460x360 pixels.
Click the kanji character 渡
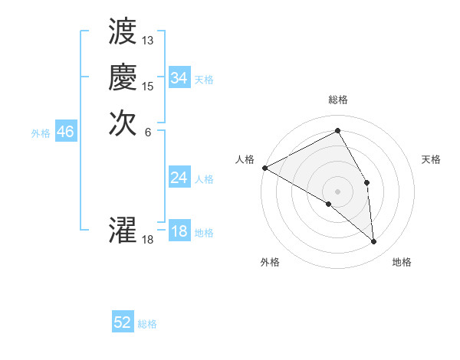click(123, 33)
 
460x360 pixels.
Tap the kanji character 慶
click(123, 78)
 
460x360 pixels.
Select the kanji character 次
click(123, 123)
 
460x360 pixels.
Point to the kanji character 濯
click(123, 231)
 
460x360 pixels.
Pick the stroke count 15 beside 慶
click(148, 86)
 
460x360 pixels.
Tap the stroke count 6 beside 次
click(148, 131)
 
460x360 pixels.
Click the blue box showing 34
click(179, 78)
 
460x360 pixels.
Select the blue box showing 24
click(179, 178)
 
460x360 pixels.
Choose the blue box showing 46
click(65, 133)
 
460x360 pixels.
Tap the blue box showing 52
click(123, 323)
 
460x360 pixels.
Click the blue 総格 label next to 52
click(148, 324)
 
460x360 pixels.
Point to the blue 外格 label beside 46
click(41, 133)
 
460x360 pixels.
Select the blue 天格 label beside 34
click(204, 79)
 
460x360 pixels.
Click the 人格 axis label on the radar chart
click(245, 159)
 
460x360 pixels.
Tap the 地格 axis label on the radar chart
click(402, 262)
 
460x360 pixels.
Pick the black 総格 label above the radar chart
click(338, 100)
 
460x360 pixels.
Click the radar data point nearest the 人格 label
click(264, 168)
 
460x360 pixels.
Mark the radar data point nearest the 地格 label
click(374, 242)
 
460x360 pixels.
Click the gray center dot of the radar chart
click(338, 191)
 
